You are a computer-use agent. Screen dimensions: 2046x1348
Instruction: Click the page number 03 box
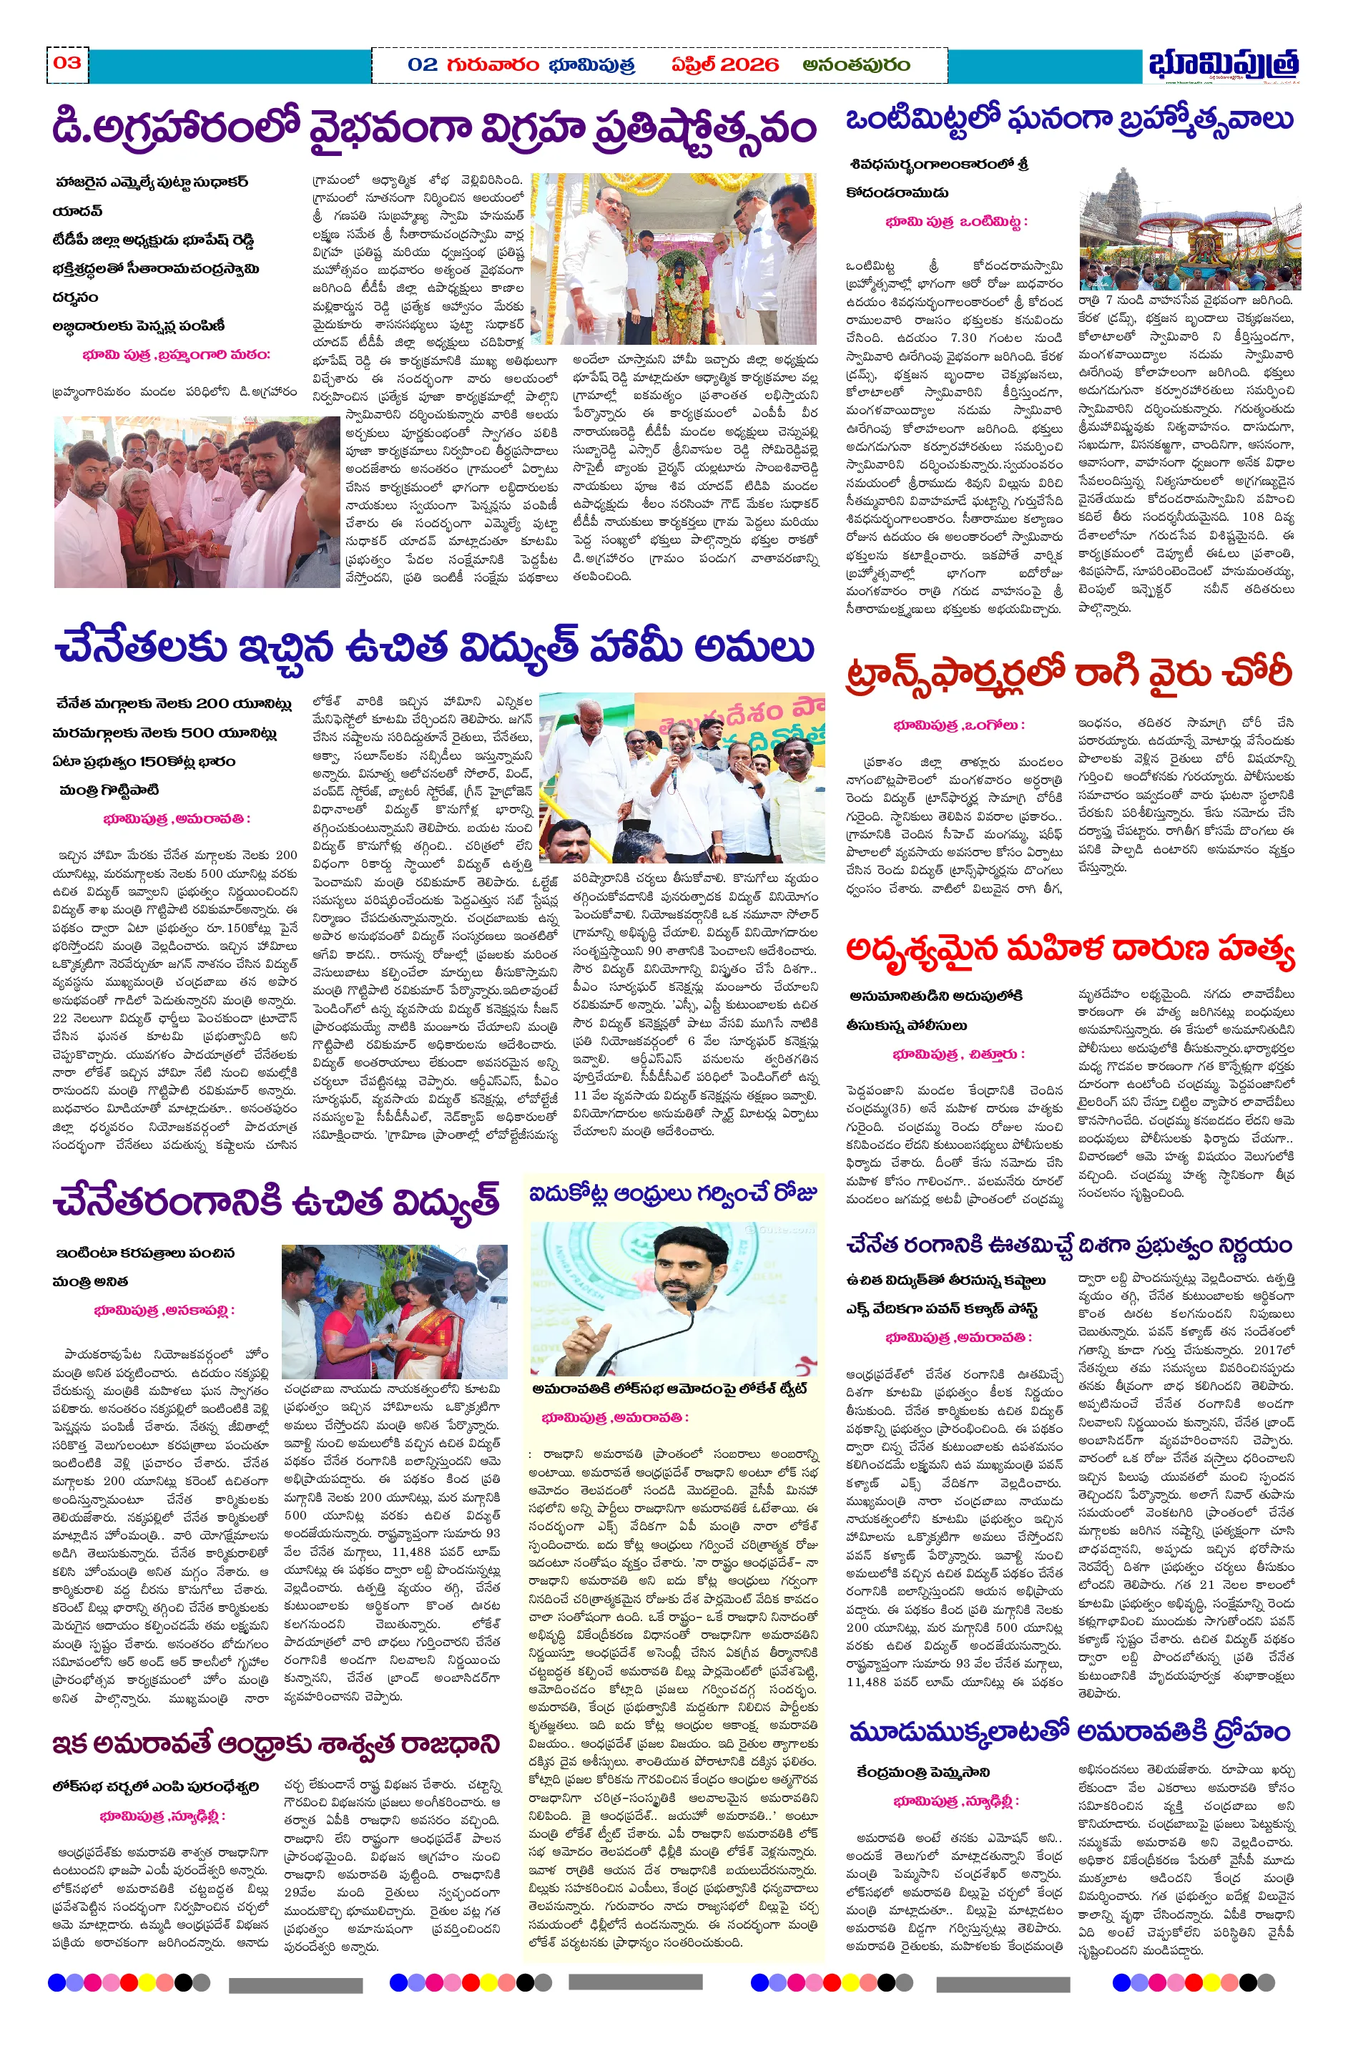tap(67, 63)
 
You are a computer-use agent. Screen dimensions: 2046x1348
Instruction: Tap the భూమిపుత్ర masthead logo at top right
tap(1221, 64)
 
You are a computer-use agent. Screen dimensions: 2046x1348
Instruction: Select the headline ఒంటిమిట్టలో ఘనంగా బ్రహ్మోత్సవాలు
tap(1068, 120)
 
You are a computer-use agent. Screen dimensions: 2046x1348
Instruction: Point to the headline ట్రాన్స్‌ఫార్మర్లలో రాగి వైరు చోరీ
tap(1068, 672)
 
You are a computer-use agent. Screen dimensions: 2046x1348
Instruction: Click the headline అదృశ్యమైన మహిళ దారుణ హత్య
tap(1069, 949)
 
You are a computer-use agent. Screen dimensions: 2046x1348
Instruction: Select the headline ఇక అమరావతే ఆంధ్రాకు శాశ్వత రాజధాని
tap(276, 1744)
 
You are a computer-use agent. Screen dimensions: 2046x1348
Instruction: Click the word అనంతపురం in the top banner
tap(855, 64)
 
